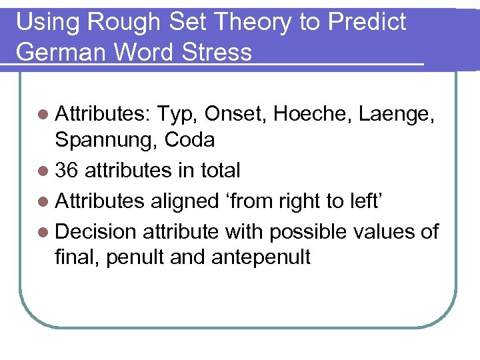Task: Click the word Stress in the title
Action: pyautogui.click(x=217, y=52)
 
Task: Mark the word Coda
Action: pyautogui.click(x=189, y=140)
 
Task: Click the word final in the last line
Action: pyautogui.click(x=77, y=256)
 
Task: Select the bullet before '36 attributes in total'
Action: pyautogui.click(x=45, y=171)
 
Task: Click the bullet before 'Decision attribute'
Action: pyautogui.click(x=45, y=232)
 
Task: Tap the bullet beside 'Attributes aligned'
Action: pyautogui.click(x=45, y=201)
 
